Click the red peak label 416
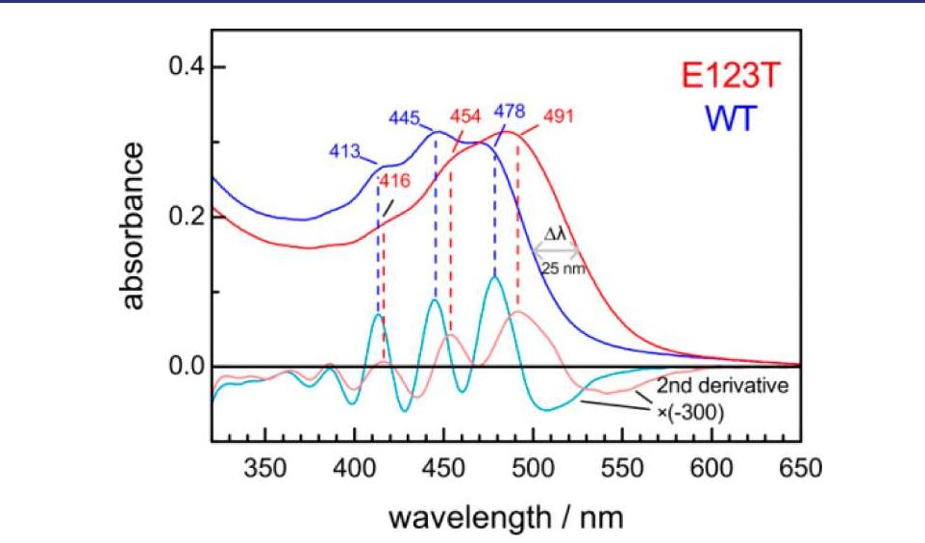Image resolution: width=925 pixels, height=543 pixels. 396,180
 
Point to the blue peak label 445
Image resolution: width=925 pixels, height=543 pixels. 405,117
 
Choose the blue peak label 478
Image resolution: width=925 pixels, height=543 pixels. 510,109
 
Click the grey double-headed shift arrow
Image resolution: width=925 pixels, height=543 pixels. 556,251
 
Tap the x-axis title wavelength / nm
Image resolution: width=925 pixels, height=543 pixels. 506,517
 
